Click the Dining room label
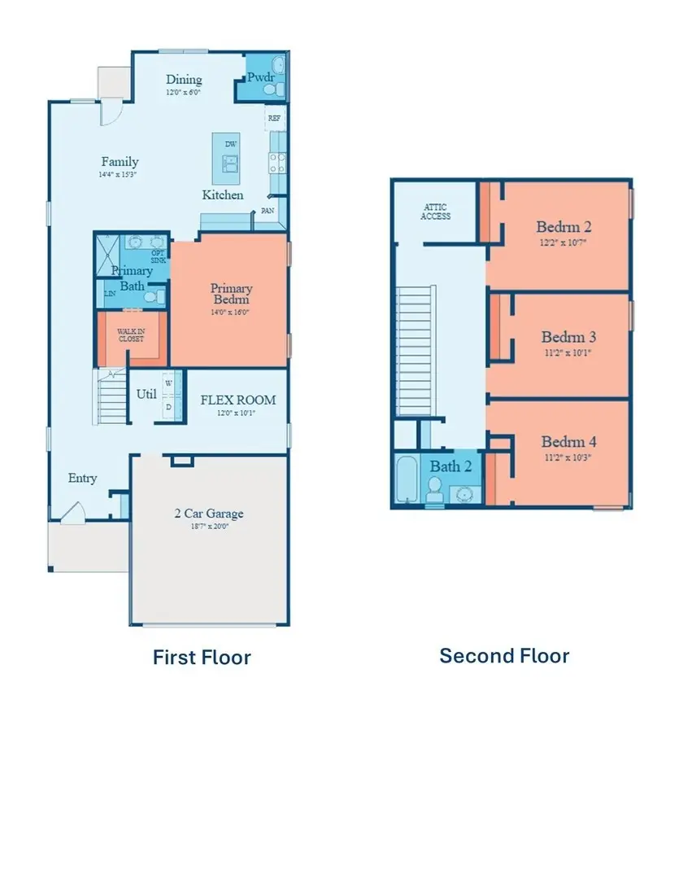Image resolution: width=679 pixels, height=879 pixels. (184, 80)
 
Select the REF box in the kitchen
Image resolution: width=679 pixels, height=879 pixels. (276, 117)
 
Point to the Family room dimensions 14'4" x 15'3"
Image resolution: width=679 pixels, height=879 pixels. (120, 174)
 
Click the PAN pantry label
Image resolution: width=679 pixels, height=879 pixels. (268, 211)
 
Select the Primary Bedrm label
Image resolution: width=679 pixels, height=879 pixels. (231, 294)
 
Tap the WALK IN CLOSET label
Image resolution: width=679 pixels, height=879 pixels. (130, 335)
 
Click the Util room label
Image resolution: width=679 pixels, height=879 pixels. (146, 395)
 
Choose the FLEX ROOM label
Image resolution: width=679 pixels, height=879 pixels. (237, 400)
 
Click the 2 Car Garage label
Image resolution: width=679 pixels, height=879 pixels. (209, 514)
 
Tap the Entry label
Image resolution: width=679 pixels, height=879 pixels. (82, 478)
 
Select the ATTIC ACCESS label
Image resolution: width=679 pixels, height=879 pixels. (436, 212)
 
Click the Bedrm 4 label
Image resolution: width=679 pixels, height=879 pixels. (569, 442)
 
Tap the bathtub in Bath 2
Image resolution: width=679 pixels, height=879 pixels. (406, 481)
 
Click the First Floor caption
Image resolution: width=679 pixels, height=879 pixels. (202, 657)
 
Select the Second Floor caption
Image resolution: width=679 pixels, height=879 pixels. (504, 655)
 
